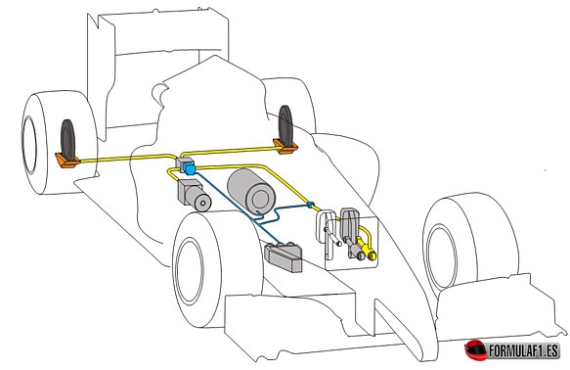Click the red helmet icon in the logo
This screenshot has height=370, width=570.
point(475,350)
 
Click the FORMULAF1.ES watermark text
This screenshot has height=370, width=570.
point(523,351)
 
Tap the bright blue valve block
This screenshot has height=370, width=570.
point(189,168)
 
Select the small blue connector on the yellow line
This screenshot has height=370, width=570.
point(310,205)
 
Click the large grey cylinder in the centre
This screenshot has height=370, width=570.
point(251,192)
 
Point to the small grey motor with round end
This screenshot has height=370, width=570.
point(195,195)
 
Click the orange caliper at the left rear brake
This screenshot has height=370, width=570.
point(67,161)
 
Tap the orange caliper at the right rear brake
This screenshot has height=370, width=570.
point(285,146)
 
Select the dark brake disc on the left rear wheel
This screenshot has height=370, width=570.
point(68,139)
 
